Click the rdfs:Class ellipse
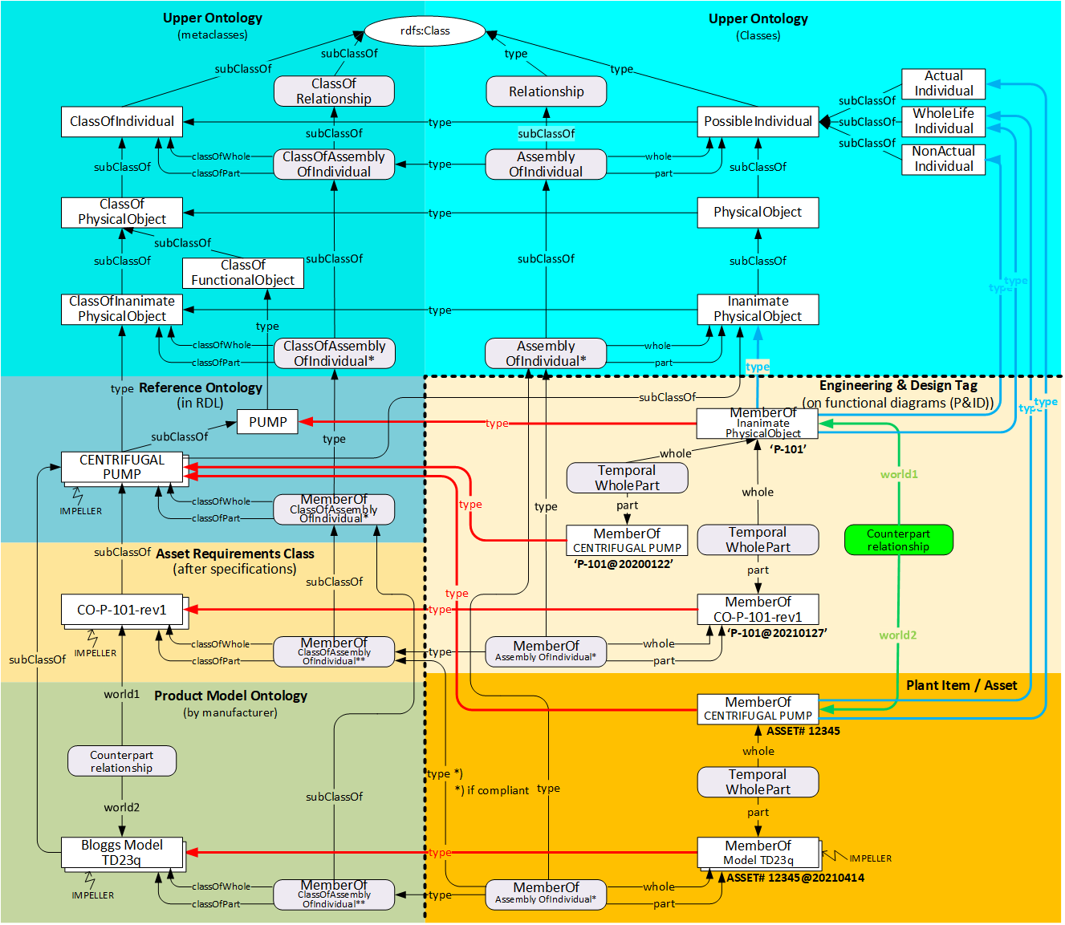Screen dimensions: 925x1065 pyautogui.click(x=425, y=31)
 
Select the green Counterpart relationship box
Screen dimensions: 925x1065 pyautogui.click(x=898, y=540)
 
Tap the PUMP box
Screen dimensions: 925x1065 pyautogui.click(x=267, y=422)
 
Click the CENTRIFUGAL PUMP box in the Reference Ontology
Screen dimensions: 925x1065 pyautogui.click(x=122, y=467)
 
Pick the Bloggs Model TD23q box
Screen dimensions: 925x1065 pyautogui.click(x=122, y=853)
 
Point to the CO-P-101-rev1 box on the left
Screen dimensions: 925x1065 pyautogui.click(x=122, y=610)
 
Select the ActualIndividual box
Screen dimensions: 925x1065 pyautogui.click(x=943, y=83)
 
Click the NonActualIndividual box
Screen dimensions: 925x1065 pyautogui.click(x=943, y=159)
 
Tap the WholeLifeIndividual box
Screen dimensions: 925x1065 pyautogui.click(x=943, y=121)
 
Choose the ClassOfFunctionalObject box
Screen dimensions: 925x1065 pyautogui.click(x=242, y=273)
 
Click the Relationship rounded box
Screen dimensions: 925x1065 pyautogui.click(x=546, y=91)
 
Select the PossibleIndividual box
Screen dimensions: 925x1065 pyautogui.click(x=758, y=122)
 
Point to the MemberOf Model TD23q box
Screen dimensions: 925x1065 pyautogui.click(x=758, y=853)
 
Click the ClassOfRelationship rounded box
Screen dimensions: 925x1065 pyautogui.click(x=334, y=91)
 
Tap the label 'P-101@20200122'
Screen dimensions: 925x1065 pyautogui.click(x=623, y=564)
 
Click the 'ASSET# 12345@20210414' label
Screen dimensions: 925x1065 pyautogui.click(x=795, y=878)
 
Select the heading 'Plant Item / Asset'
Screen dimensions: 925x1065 pyautogui.click(x=961, y=685)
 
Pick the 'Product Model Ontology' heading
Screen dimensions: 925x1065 pyautogui.click(x=230, y=696)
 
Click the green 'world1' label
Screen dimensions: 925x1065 pyautogui.click(x=899, y=474)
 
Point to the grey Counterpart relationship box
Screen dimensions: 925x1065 pyautogui.click(x=121, y=761)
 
